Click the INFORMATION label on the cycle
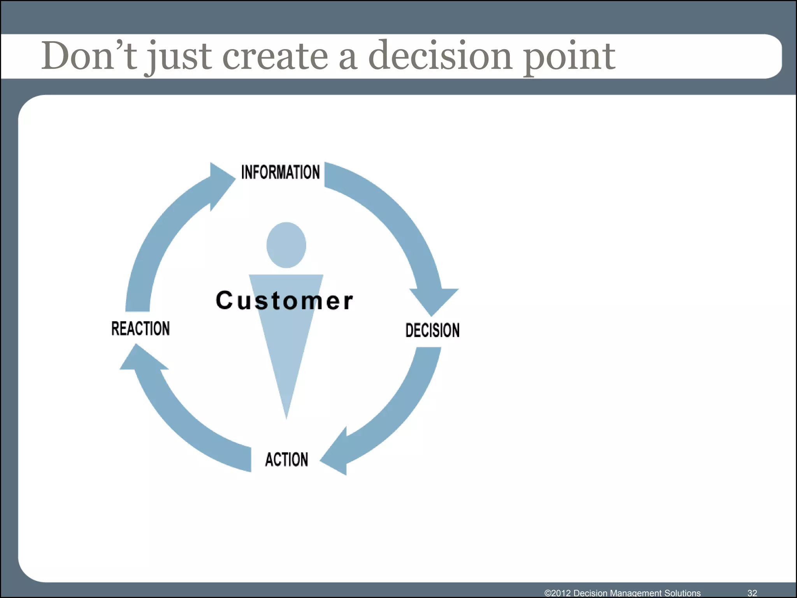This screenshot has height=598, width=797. [x=280, y=172]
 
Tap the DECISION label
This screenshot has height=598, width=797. [x=432, y=330]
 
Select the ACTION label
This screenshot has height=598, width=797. [x=287, y=459]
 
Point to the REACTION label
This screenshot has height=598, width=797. [x=140, y=329]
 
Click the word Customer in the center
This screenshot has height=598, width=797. [x=284, y=301]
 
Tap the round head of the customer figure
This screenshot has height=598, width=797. [x=286, y=245]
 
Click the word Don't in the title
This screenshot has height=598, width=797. [x=89, y=56]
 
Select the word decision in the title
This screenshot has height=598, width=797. [x=440, y=56]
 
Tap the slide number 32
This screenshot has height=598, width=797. [x=752, y=593]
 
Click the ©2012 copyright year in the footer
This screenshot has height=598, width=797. [x=557, y=593]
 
